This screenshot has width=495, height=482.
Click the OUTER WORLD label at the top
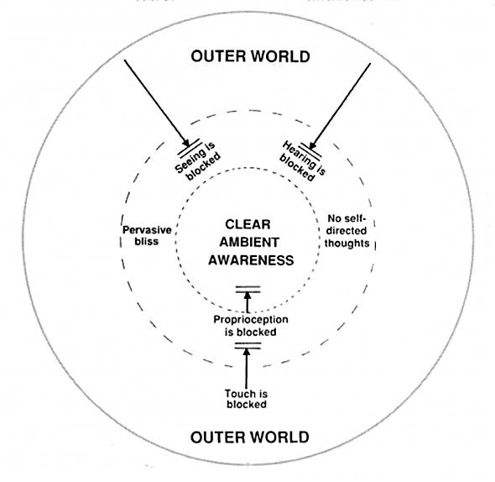(x=250, y=56)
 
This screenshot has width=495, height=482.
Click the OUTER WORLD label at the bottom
(x=250, y=437)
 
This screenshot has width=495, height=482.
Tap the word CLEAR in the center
(x=247, y=224)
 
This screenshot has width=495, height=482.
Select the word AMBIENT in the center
(x=249, y=243)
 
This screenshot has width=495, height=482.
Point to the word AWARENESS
(x=251, y=260)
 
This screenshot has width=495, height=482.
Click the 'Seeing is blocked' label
(x=198, y=161)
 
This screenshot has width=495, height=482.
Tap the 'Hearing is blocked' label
(x=303, y=161)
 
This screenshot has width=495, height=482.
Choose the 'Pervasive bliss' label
(x=147, y=235)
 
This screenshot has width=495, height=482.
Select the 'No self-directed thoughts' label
(x=346, y=231)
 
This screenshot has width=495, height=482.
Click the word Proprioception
(x=251, y=320)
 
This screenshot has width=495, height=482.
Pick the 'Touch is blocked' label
(x=246, y=399)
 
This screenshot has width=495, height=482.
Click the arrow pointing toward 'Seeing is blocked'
(x=157, y=102)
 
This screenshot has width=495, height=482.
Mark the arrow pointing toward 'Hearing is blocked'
(x=340, y=106)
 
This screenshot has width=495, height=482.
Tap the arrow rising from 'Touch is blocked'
(x=247, y=369)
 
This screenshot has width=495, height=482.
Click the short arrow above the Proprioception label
(x=247, y=302)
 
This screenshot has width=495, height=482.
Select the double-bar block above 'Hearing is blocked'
(x=310, y=150)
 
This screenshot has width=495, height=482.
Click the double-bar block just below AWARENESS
(x=247, y=290)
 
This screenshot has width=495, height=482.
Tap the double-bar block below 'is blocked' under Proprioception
(x=247, y=346)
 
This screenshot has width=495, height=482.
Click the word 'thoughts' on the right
(x=347, y=244)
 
